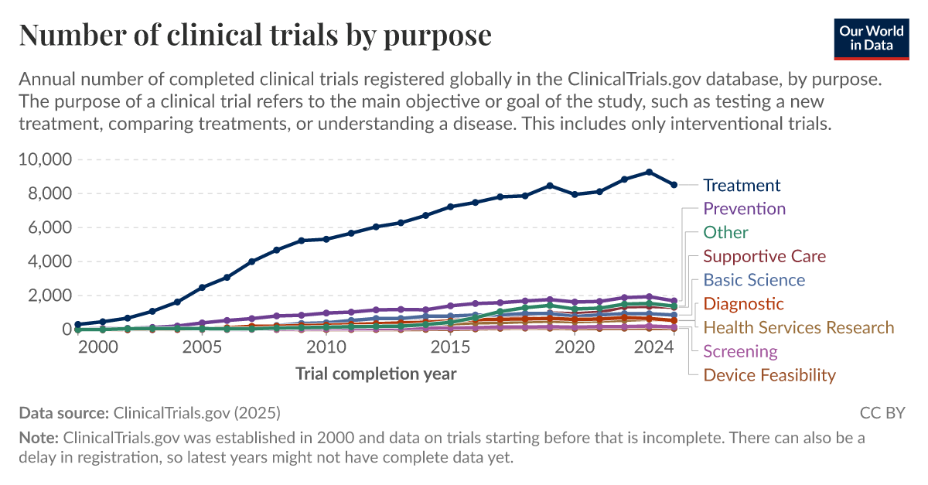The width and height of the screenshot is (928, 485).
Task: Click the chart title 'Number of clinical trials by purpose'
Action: tap(255, 36)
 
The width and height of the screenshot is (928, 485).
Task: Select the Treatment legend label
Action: tap(742, 186)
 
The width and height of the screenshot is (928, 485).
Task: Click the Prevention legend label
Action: tap(744, 209)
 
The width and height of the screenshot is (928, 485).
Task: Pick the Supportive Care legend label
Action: tap(764, 256)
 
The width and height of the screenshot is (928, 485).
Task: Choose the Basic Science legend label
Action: tap(754, 280)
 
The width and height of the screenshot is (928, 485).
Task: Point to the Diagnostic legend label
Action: tap(743, 304)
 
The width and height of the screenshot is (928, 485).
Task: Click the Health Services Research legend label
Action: tap(798, 328)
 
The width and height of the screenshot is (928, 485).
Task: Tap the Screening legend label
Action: tap(740, 351)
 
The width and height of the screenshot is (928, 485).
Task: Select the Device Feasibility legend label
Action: tap(769, 375)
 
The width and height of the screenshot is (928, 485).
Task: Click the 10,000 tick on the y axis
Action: tap(45, 159)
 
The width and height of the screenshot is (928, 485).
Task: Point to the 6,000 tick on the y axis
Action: tap(49, 227)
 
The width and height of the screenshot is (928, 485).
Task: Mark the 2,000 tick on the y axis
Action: tap(49, 295)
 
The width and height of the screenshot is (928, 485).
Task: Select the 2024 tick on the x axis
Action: tap(649, 348)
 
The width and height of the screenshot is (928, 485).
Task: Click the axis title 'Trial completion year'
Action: tap(376, 374)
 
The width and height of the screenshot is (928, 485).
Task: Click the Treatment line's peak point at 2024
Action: tap(649, 172)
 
